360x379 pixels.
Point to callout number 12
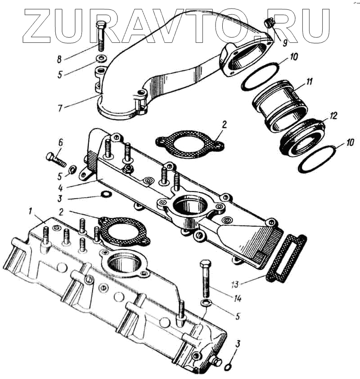point(332,116)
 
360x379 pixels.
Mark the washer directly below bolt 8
point(101,58)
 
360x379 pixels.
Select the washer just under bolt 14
point(205,303)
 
